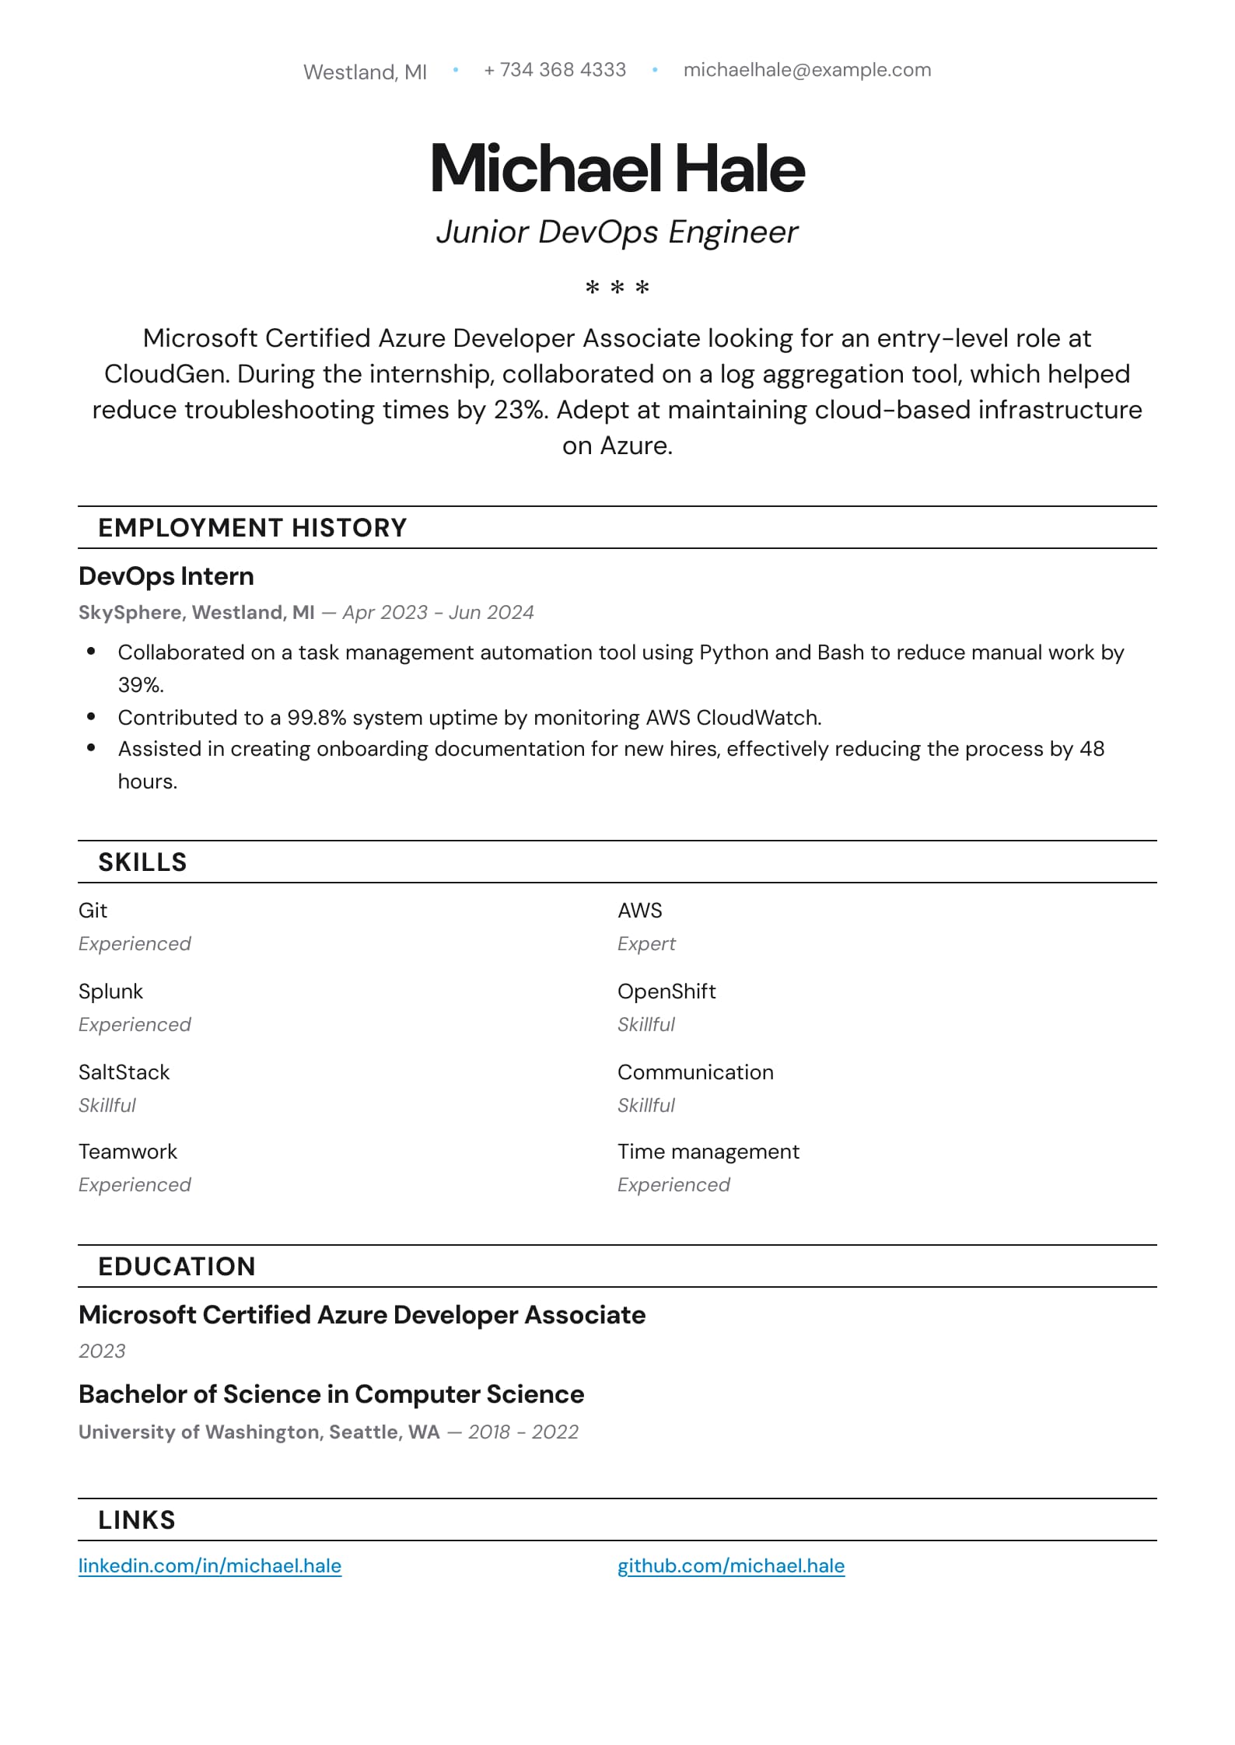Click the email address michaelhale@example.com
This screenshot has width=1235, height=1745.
pyautogui.click(x=806, y=70)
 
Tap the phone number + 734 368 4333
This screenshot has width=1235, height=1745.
pyautogui.click(x=555, y=70)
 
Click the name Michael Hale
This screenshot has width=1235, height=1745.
pyautogui.click(x=617, y=168)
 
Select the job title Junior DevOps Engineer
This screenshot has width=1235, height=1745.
pyautogui.click(x=617, y=232)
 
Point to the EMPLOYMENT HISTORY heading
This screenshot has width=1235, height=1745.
pyautogui.click(x=252, y=528)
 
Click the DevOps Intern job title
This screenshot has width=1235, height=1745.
pyautogui.click(x=166, y=576)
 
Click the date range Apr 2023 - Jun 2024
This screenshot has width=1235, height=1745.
pyautogui.click(x=438, y=613)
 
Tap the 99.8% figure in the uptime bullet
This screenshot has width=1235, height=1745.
pyautogui.click(x=317, y=718)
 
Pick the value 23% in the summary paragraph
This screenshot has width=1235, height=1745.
pyautogui.click(x=520, y=410)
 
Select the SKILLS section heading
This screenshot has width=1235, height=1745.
pyautogui.click(x=142, y=862)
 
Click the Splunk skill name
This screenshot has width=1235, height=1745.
pyautogui.click(x=110, y=991)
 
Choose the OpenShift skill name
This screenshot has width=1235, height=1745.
pyautogui.click(x=666, y=991)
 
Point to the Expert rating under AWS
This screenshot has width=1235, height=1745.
pyautogui.click(x=646, y=944)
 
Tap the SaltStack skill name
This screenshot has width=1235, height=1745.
pyautogui.click(x=124, y=1072)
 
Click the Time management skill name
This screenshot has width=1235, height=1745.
pyautogui.click(x=708, y=1152)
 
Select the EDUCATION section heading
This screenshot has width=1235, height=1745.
pyautogui.click(x=177, y=1267)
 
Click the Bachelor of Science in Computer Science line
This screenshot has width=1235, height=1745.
pyautogui.click(x=331, y=1394)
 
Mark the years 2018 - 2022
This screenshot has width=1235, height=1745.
pyautogui.click(x=523, y=1432)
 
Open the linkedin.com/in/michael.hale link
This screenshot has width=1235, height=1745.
pyautogui.click(x=210, y=1566)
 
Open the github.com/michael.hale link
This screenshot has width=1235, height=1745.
pyautogui.click(x=731, y=1566)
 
